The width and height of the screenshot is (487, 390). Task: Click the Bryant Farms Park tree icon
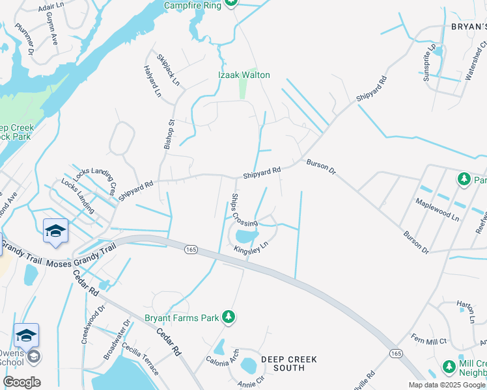[x=228, y=317]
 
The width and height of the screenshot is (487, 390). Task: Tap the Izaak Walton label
[x=244, y=75]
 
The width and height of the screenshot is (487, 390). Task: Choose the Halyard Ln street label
[x=152, y=81]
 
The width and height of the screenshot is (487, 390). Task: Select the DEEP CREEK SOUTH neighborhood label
[x=289, y=363]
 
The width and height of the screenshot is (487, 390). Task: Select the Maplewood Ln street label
[x=438, y=208]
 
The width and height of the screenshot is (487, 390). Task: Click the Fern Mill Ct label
[x=428, y=339]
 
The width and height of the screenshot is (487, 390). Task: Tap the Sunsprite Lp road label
[x=429, y=58]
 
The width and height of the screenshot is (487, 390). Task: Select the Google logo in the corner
[x=21, y=382]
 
